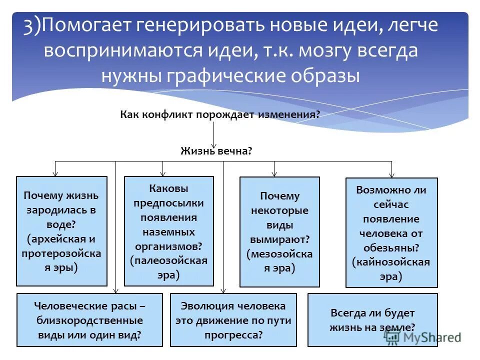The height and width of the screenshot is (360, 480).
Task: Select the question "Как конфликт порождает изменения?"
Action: click(220, 114)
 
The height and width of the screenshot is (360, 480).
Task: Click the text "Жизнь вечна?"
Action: click(216, 150)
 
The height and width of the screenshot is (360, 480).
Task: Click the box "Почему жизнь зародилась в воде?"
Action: click(61, 231)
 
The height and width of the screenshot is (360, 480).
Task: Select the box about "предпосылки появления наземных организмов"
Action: click(168, 231)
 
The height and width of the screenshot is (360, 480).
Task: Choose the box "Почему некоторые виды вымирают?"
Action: click(279, 232)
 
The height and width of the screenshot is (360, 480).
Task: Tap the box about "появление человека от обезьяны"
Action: click(391, 233)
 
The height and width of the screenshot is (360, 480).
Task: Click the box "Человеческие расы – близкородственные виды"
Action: click(89, 320)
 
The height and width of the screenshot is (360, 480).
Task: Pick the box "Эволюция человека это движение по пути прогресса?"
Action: click(233, 320)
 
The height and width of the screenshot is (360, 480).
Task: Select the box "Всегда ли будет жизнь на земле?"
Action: click(372, 320)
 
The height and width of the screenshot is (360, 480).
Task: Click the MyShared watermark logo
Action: click(422, 337)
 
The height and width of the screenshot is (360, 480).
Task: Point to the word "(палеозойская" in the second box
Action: click(168, 260)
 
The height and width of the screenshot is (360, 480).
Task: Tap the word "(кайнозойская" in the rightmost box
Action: click(391, 262)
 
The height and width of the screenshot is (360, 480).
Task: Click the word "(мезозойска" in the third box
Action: click(279, 253)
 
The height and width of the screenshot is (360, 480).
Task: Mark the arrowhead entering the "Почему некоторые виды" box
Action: click(274, 173)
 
